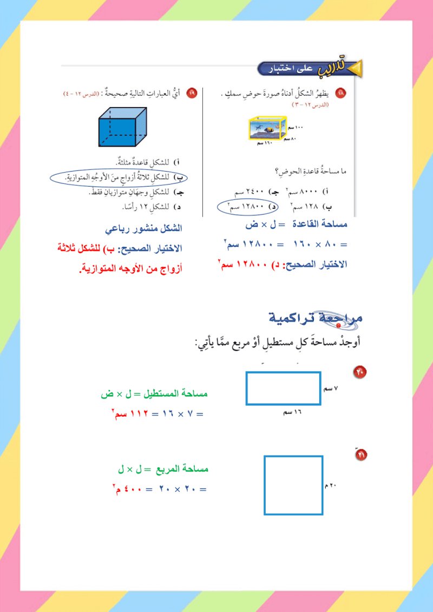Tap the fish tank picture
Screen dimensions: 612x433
point(267,129)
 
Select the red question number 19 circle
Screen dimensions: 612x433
point(192,94)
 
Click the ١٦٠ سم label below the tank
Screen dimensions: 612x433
point(264,144)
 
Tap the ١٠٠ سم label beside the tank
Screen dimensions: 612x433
point(296,127)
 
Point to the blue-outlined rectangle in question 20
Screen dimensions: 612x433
point(284,388)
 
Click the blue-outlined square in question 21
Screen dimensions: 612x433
point(293,485)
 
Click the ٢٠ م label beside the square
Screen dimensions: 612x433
point(331,486)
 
